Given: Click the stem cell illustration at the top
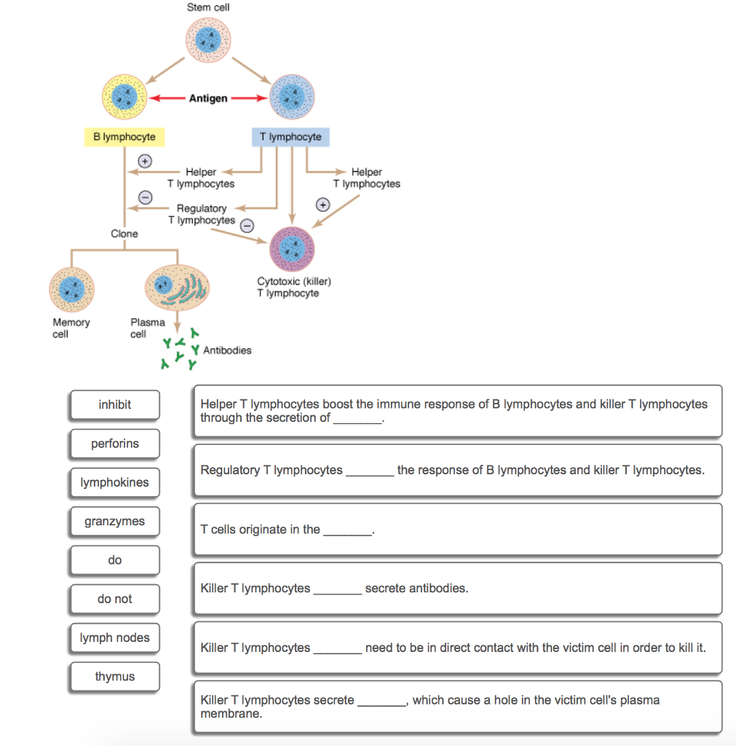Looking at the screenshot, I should [208, 41].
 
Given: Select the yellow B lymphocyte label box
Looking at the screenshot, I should [124, 137].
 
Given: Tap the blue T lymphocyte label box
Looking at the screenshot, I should [290, 137].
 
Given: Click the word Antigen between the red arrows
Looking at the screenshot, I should [208, 98].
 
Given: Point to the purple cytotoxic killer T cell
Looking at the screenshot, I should [292, 249].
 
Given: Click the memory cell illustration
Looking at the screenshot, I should [71, 289].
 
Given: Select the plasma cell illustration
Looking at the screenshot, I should [177, 286].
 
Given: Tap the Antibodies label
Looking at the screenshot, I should [227, 350].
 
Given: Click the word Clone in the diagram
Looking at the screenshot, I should [124, 234].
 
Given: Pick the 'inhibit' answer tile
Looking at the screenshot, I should [115, 405].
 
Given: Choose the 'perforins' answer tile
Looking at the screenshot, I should [115, 444].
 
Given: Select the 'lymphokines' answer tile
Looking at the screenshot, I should [115, 482].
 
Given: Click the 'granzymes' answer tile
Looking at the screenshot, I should [115, 522].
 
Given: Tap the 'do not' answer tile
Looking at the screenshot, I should [115, 599].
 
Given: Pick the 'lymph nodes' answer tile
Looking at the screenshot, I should [115, 638].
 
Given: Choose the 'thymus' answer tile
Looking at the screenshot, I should [115, 677].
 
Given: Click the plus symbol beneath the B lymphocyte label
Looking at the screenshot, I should [145, 160].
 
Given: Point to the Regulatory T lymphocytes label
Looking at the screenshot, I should [202, 214].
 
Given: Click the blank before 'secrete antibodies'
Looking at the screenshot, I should [337, 589].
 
